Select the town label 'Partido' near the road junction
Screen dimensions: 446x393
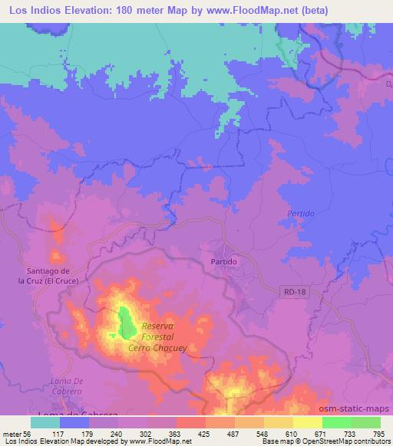click(223, 261)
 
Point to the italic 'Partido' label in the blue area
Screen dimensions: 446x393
click(301, 212)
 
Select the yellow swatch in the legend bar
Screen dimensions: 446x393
click(308, 422)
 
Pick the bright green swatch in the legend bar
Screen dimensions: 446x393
click(337, 422)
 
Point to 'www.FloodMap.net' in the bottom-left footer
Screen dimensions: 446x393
click(157, 441)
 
